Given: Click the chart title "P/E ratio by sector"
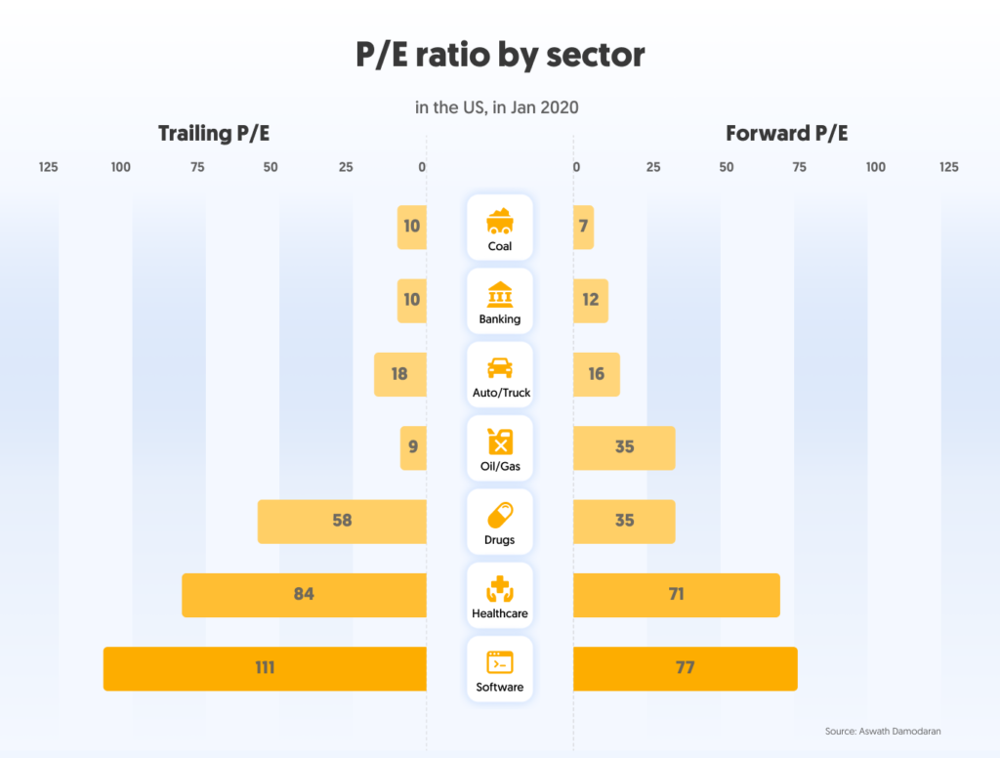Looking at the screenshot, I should point(500,55).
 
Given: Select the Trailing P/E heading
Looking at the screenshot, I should point(214,134).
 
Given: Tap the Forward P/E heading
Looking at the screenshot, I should point(786,134).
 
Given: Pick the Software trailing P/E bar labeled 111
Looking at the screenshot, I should point(265,668).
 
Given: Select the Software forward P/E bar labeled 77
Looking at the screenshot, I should point(685,668).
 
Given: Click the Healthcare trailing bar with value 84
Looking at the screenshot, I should point(304,595).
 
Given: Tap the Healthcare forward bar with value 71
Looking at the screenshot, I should point(676,595).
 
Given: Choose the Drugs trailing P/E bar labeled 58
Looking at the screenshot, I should point(342,521).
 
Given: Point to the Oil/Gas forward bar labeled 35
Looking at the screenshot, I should point(624,447).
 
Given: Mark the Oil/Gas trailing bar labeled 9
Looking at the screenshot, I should point(413,447).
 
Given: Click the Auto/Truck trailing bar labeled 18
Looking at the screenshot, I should point(399,374).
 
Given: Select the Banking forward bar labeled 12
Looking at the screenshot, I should point(590,300).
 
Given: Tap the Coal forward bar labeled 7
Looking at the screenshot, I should point(583,227).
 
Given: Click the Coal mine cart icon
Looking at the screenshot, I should point(500,220).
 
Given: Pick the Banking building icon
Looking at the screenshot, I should point(500,294).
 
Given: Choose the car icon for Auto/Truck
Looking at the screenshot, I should point(500,367).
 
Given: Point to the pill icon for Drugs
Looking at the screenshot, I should point(500,514).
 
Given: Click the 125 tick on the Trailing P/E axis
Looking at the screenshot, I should point(49,167).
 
